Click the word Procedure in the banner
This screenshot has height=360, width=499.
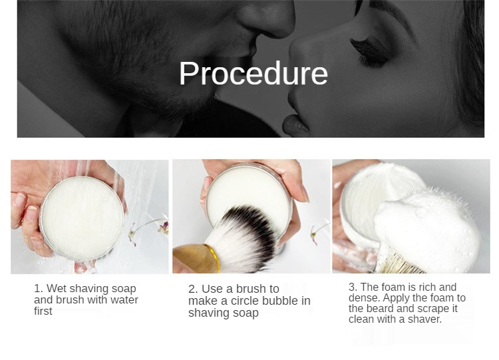click(x=253, y=73)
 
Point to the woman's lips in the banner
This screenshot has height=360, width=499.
click(x=295, y=125)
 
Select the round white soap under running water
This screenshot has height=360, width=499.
click(x=82, y=218)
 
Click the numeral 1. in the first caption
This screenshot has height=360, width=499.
click(x=38, y=288)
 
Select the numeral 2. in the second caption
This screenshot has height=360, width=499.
click(x=193, y=289)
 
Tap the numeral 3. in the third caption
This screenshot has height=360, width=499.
click(x=353, y=287)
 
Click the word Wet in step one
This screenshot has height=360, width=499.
click(x=57, y=288)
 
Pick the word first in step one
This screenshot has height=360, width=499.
click(x=43, y=311)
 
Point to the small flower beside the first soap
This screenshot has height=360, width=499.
click(x=164, y=228)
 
